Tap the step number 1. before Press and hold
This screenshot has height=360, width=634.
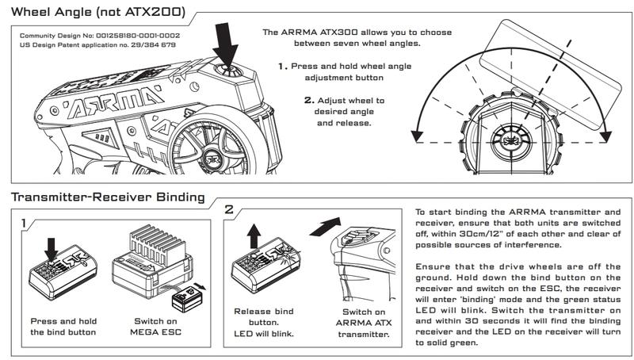point(282,67)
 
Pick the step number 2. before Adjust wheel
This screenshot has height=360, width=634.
point(308,101)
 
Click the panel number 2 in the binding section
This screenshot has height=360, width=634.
point(229,212)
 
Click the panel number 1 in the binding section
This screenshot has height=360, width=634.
point(29,224)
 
